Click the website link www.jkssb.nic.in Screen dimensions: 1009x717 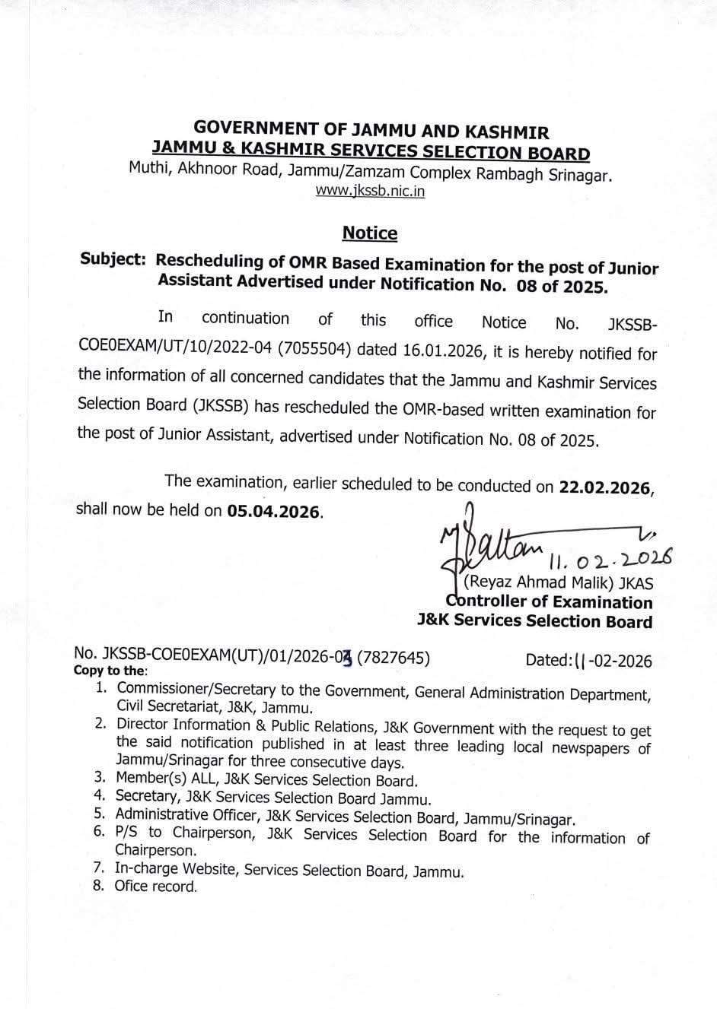[x=370, y=192]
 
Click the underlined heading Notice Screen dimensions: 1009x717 [x=369, y=233]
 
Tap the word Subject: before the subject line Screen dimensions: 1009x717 [x=113, y=259]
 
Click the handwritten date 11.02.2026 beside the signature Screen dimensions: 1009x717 [x=609, y=561]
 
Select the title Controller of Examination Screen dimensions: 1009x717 [x=550, y=602]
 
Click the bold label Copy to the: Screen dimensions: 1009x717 [x=110, y=671]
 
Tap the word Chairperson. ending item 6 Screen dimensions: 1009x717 [x=145, y=851]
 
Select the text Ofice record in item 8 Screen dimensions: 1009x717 [x=155, y=887]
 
